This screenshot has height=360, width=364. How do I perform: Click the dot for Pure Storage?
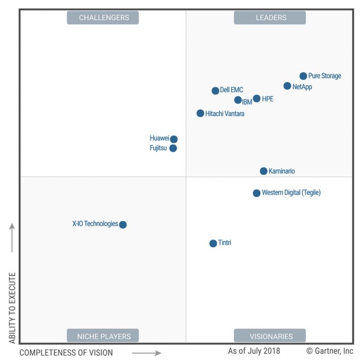303,76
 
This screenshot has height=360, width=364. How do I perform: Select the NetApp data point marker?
287,86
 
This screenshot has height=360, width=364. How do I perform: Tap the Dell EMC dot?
215,91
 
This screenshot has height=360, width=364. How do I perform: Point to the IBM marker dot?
238,100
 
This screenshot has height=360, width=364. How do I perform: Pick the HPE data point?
256,99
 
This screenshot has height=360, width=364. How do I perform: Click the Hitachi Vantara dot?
200,113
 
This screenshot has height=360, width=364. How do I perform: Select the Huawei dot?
174,139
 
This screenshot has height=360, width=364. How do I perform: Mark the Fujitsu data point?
173,148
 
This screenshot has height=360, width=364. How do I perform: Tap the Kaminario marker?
264,171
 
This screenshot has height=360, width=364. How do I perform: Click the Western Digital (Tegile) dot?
256,193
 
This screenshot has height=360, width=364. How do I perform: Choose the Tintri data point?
213,243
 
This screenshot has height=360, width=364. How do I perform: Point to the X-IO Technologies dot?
123,224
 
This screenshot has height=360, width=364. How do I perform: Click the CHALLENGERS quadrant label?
103,18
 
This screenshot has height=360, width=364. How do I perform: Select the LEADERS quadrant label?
270,18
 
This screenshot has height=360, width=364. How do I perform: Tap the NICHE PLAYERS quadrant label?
103,336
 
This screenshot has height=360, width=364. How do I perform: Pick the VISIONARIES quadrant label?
270,336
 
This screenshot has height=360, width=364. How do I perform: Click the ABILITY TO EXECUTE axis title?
12,307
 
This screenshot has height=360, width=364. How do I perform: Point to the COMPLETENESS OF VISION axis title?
66,352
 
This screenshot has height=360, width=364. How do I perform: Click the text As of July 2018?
254,351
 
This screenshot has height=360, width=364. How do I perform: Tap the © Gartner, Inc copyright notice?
330,351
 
